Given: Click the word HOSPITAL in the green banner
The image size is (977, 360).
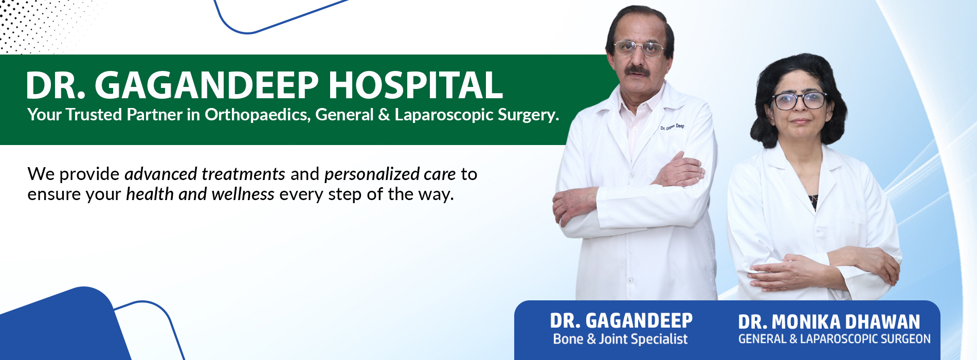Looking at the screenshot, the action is click(415, 85).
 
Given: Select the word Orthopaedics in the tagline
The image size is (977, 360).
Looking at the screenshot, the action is click(258, 115).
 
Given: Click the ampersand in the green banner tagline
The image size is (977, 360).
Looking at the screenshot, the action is click(384, 115).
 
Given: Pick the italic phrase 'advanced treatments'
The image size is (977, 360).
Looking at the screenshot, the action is click(205, 174).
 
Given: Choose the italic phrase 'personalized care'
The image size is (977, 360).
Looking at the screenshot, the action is click(390, 174).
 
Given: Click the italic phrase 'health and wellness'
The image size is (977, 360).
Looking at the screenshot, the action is click(200, 194).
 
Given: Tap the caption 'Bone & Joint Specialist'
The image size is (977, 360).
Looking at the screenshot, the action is click(620, 339).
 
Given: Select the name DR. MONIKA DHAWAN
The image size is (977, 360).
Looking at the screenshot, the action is click(829, 322).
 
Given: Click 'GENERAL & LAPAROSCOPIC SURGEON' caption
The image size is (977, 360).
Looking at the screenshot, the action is click(834, 339).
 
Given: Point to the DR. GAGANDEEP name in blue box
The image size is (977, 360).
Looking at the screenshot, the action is click(621, 320).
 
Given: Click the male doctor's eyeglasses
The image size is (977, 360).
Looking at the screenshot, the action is click(639, 49).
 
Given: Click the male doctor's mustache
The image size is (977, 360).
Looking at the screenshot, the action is click(638, 69).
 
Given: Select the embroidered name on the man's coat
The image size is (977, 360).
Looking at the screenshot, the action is click(672, 127).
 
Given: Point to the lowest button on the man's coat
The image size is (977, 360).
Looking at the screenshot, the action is click(629, 281).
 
